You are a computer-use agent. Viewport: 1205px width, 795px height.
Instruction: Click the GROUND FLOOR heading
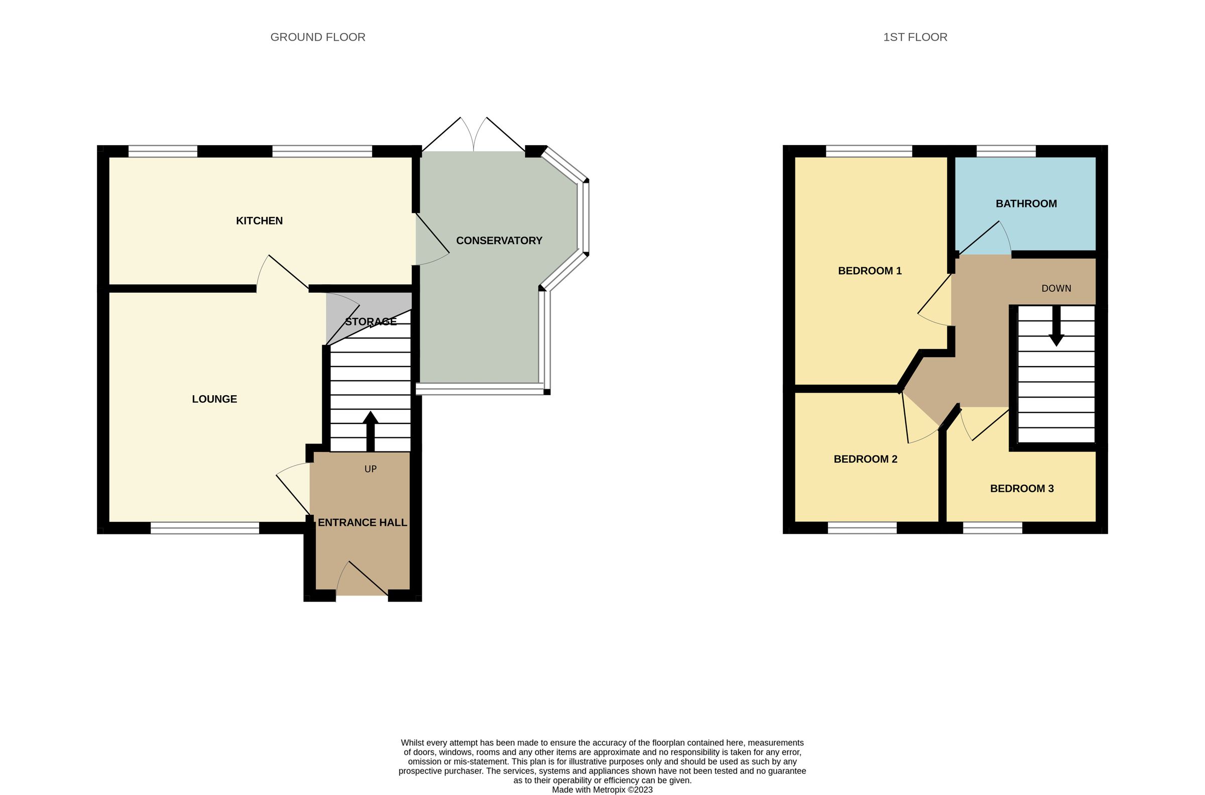point(318,37)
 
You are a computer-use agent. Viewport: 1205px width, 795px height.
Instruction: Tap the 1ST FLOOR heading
point(915,37)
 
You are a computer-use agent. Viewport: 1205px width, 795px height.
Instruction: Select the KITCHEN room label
point(259,220)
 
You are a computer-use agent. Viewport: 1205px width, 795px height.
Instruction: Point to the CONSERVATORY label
point(499,241)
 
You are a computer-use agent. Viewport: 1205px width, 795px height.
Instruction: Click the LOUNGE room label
point(214,399)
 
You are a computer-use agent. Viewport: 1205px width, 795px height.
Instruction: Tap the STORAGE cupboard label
point(371,321)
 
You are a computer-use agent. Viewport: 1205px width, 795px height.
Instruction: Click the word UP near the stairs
point(371,469)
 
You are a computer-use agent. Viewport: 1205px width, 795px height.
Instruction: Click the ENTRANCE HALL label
point(362,522)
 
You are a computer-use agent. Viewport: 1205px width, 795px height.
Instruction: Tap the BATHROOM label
point(1026,203)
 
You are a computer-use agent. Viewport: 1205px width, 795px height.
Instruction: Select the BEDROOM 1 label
point(870,271)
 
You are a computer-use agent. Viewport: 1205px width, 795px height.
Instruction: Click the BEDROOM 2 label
point(865,459)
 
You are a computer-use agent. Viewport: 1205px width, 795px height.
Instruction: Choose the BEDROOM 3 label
point(1022,488)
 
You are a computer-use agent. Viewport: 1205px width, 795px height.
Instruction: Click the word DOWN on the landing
point(1056,288)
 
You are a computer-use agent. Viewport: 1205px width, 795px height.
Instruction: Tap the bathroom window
point(1006,151)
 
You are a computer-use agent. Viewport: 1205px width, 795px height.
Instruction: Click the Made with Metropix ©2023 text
point(602,789)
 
